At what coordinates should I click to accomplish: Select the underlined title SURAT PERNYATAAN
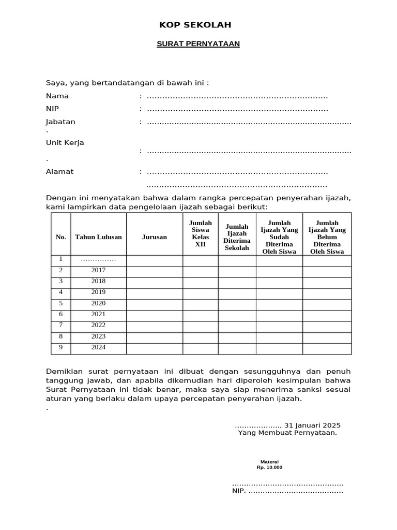pyautogui.click(x=198, y=44)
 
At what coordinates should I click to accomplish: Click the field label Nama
pyautogui.click(x=57, y=96)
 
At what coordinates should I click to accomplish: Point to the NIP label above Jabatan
pyautogui.click(x=53, y=109)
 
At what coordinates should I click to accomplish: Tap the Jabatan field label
pyautogui.click(x=60, y=122)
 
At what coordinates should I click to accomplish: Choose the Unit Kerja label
pyautogui.click(x=65, y=143)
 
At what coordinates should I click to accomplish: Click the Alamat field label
pyautogui.click(x=60, y=172)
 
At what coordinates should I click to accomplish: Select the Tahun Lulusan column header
pyautogui.click(x=98, y=237)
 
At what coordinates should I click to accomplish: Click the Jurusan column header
pyautogui.click(x=155, y=237)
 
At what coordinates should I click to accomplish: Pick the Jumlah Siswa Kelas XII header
pyautogui.click(x=200, y=233)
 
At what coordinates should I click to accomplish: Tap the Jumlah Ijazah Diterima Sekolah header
pyautogui.click(x=237, y=237)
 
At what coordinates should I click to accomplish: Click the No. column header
pyautogui.click(x=61, y=237)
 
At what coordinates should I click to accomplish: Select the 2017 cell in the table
pyautogui.click(x=98, y=270)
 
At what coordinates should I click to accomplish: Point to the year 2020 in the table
pyautogui.click(x=98, y=303)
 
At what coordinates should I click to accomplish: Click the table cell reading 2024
pyautogui.click(x=98, y=347)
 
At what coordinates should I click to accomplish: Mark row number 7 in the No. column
pyautogui.click(x=60, y=325)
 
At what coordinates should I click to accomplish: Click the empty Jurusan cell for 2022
pyautogui.click(x=155, y=326)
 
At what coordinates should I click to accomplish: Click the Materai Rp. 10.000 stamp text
pyautogui.click(x=269, y=464)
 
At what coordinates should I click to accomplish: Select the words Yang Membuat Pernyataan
pyautogui.click(x=287, y=433)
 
